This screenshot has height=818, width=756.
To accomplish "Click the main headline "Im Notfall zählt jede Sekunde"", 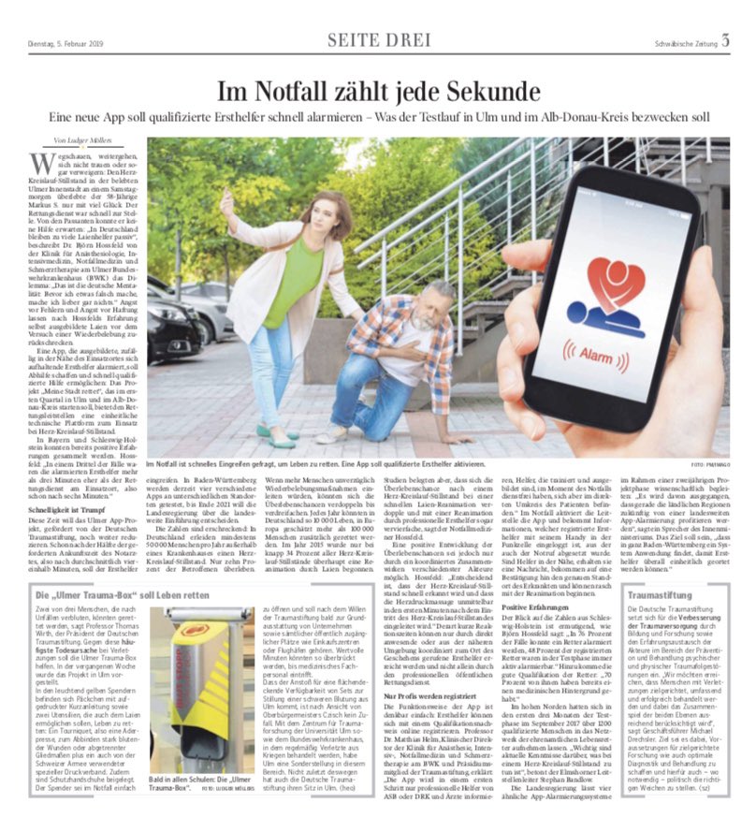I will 377,91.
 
